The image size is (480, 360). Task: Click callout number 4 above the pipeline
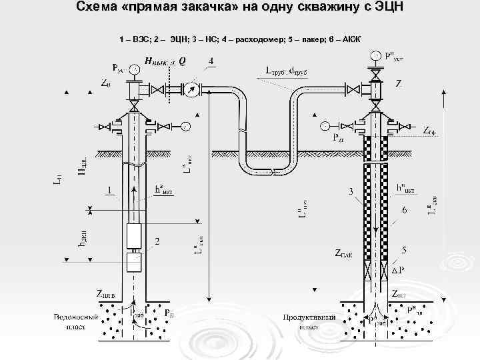pos(211,61)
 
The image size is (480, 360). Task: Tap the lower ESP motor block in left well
pos(135,261)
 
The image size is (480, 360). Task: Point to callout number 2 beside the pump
pos(157,241)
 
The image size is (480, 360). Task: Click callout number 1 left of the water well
pos(109,190)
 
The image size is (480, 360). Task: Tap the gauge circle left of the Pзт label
pos(325,125)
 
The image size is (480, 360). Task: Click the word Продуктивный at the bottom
pos(309,317)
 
